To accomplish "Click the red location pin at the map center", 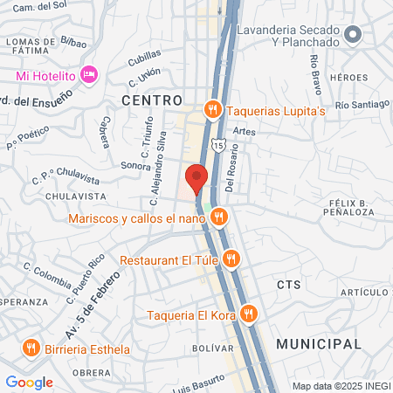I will (196, 177).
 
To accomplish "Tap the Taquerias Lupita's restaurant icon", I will (211, 110).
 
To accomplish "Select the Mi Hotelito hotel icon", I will (88, 75).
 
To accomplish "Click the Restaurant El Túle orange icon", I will (231, 259).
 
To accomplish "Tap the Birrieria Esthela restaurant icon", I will (31, 348).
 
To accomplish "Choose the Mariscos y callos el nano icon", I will (218, 217).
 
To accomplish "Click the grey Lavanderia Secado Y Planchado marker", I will (353, 35).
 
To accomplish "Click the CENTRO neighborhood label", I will (152, 100).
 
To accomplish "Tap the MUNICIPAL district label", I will (319, 344).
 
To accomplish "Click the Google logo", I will (29, 382).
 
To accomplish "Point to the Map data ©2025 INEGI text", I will (341, 386).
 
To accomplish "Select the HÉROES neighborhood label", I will (349, 78).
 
